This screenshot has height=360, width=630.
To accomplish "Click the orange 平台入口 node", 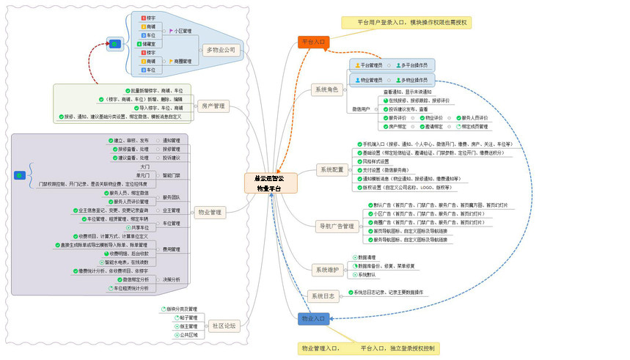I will tap(313, 43).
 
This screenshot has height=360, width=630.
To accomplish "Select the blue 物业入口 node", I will tap(314, 319).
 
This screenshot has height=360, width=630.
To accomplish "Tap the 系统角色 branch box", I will tap(326, 90).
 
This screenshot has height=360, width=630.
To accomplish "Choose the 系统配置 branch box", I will tap(332, 170).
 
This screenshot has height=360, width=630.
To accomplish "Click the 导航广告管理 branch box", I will tap(337, 226).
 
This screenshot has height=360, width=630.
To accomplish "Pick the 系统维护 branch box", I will tap(326, 271).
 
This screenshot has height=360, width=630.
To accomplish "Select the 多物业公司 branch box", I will tap(221, 51).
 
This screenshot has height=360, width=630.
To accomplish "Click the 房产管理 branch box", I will tap(213, 107).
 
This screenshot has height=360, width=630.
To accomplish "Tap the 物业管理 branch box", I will tap(210, 213).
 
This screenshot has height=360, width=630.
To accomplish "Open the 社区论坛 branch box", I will tap(224, 326).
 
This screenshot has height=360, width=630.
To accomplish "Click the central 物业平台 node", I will tap(270, 183).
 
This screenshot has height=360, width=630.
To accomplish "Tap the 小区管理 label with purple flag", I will tap(182, 32).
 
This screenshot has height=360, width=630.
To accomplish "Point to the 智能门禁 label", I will tap(173, 176).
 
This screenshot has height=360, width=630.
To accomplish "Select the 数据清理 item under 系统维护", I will tap(367, 258).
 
